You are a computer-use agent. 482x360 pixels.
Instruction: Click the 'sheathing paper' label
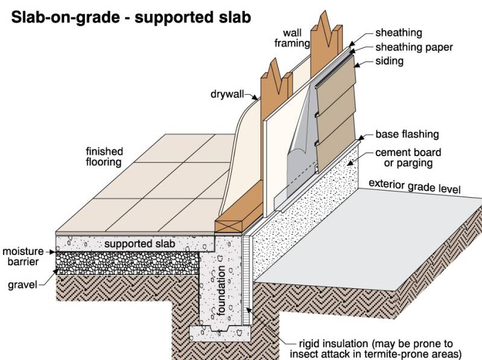coord(413,47)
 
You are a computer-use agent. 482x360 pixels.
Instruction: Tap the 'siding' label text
coord(389,61)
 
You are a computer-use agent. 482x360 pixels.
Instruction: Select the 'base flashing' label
coord(407,134)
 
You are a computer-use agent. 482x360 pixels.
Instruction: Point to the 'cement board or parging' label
coord(408,158)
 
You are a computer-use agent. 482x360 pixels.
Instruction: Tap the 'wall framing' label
coord(295,38)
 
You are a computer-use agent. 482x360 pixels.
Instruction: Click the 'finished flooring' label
coord(104,157)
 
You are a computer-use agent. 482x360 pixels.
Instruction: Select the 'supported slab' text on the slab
coord(140,244)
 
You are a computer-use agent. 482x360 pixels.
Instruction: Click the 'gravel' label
coord(19,283)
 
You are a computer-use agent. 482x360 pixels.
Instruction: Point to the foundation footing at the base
coord(220,331)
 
